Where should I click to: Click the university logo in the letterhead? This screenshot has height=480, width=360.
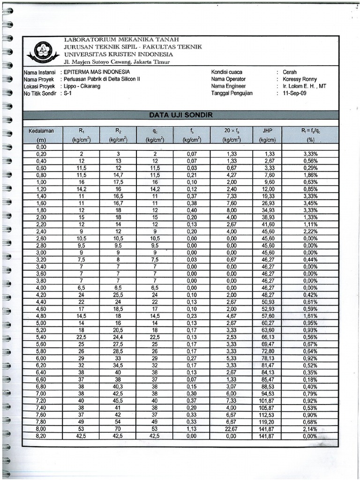pyautogui.click(x=44, y=51)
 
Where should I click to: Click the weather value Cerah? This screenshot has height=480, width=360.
pyautogui.click(x=290, y=72)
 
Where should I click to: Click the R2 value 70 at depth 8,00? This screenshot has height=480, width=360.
pyautogui.click(x=119, y=428)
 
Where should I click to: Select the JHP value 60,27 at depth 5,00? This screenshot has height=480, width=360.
pyautogui.click(x=268, y=323)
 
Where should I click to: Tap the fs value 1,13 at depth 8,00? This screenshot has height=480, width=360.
pyautogui.click(x=192, y=428)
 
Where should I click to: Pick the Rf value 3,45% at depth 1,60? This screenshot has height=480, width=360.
pyautogui.click(x=310, y=203)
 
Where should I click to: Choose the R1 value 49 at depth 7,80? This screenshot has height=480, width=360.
pyautogui.click(x=81, y=421)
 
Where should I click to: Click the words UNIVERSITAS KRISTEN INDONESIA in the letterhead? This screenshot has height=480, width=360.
pyautogui.click(x=119, y=54)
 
